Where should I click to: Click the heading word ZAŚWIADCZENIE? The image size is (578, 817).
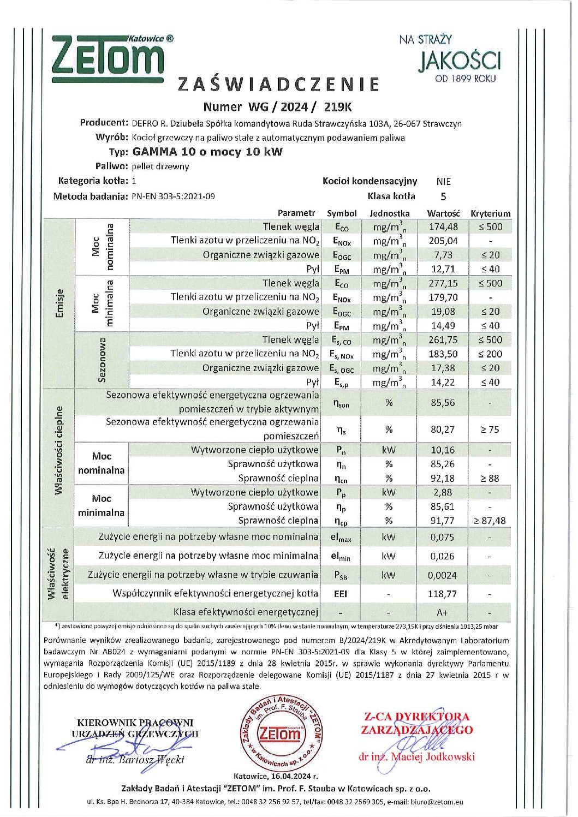279,84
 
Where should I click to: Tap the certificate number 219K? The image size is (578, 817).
338,107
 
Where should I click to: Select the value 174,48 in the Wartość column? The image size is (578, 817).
443,226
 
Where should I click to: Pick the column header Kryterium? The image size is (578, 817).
490,213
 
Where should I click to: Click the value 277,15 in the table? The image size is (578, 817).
443,283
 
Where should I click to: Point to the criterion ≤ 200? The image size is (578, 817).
490,354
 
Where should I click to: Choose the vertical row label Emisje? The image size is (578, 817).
59,303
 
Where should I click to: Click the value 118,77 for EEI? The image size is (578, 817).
443,594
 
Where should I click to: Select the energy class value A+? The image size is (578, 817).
443,612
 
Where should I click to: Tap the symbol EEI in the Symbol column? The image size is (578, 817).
341,594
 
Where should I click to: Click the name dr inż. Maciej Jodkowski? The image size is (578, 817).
416,757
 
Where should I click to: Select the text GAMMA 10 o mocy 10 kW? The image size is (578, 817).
207,152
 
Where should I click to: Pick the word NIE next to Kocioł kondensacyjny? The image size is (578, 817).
443,181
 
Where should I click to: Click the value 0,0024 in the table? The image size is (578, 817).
443,575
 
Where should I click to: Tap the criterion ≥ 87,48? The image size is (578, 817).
490,521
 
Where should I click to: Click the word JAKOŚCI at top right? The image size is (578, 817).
460,61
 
